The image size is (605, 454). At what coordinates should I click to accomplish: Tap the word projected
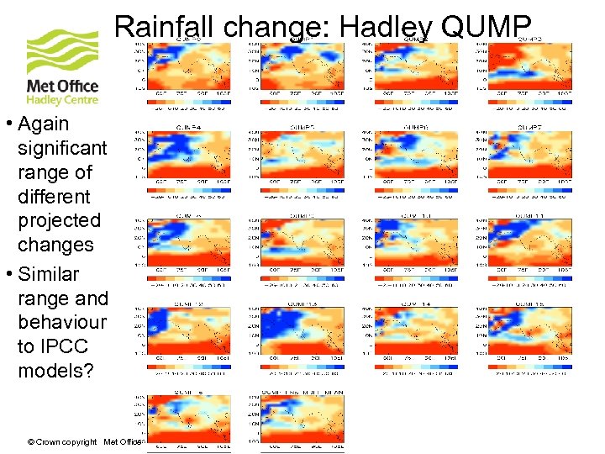click(x=59, y=220)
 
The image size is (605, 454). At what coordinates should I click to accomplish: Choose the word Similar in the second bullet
click(x=49, y=274)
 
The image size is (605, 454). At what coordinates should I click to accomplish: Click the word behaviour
click(x=62, y=322)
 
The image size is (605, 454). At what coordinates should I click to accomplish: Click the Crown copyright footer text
click(x=64, y=442)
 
